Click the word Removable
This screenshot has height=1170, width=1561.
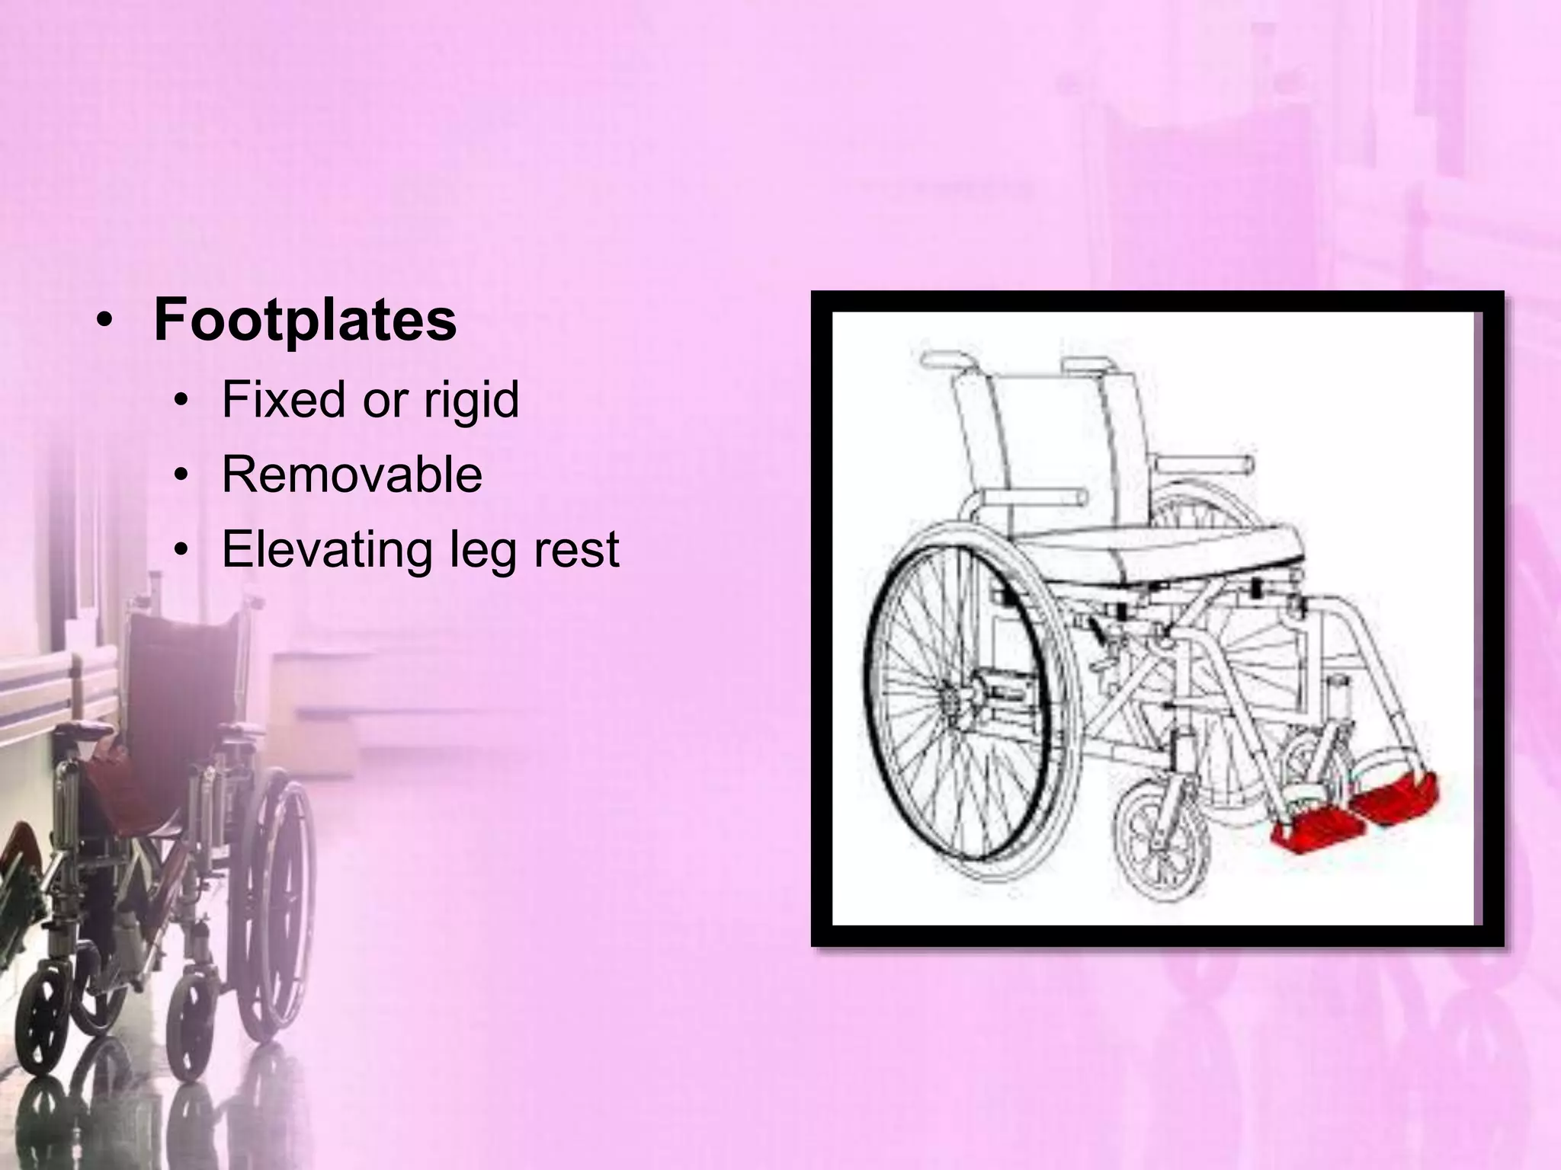351,475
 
